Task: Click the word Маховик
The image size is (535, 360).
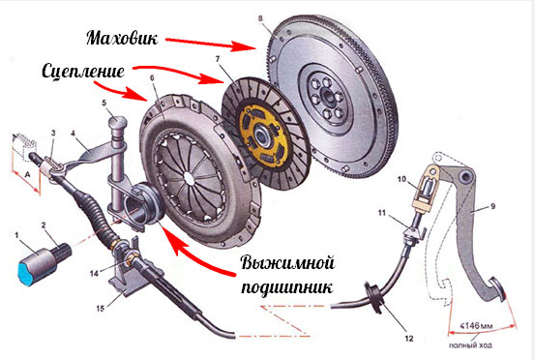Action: (x=122, y=38)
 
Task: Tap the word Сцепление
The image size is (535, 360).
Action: (x=83, y=72)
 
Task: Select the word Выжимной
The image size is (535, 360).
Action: (x=287, y=263)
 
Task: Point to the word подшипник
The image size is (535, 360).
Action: (x=286, y=287)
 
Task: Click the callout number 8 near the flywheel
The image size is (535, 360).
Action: (x=260, y=18)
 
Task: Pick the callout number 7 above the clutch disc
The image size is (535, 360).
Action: (x=218, y=59)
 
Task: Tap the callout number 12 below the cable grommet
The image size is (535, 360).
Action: (x=409, y=338)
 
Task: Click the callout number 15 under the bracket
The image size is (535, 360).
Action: (x=100, y=308)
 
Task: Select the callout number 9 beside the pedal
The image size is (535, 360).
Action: (x=492, y=206)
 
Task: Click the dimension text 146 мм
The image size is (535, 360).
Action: (x=476, y=325)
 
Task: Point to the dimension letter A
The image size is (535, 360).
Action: (x=28, y=175)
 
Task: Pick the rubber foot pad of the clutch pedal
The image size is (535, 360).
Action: (x=498, y=290)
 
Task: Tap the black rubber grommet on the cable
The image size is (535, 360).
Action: (x=374, y=297)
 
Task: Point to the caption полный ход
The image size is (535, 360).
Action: (x=470, y=345)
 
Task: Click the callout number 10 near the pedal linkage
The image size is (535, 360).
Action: (x=401, y=179)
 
